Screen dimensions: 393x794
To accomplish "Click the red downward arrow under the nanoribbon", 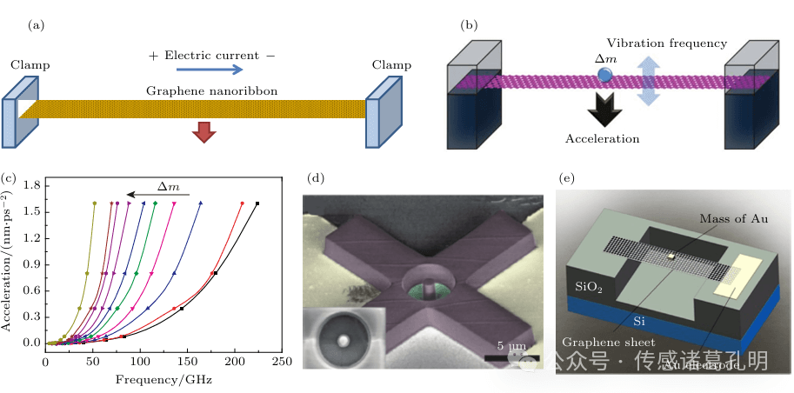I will [204, 131].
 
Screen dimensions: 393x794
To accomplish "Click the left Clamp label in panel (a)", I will [30, 65].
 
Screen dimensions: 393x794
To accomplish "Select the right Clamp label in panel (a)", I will [391, 64].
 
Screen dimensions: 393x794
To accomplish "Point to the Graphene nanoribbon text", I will [197, 90].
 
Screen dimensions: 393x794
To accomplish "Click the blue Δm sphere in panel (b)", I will [605, 77].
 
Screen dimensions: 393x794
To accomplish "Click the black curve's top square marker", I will [257, 203].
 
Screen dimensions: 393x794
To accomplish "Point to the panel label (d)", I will [317, 179].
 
